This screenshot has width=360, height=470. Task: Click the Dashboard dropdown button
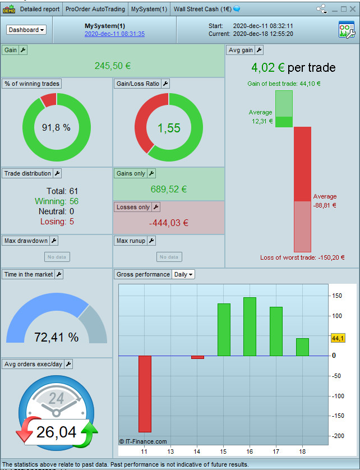[x=26, y=30]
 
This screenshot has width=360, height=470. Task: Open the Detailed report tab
[x=39, y=9]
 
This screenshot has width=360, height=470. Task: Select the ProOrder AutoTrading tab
[x=95, y=9]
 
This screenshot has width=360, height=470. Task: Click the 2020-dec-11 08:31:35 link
[x=114, y=34]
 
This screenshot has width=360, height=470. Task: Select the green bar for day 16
[x=250, y=326]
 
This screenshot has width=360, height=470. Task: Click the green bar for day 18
[x=302, y=347]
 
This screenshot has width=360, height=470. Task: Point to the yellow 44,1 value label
[x=338, y=338]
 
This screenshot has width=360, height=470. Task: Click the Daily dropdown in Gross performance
[x=183, y=274]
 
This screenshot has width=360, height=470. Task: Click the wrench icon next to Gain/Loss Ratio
[x=165, y=84]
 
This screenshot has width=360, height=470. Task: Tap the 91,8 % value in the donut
[x=56, y=128]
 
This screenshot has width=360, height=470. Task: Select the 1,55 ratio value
[x=169, y=128]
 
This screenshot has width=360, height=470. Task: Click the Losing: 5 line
[x=57, y=222]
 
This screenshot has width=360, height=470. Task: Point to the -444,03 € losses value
[x=168, y=223]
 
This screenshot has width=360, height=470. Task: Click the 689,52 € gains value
[x=168, y=189]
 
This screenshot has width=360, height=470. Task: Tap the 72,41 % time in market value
[x=56, y=337]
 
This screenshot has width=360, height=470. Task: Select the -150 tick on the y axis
[x=336, y=416]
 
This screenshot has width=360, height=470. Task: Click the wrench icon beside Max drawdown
[x=54, y=241]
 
